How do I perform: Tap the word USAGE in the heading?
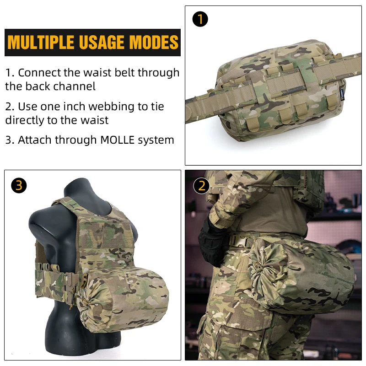(x=101, y=43)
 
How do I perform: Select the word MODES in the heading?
(x=154, y=43)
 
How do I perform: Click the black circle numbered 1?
(x=200, y=19)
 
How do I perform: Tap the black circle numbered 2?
(x=201, y=186)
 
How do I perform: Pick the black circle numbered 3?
(x=19, y=186)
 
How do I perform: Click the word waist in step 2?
(x=94, y=120)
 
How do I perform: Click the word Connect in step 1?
(x=39, y=73)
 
